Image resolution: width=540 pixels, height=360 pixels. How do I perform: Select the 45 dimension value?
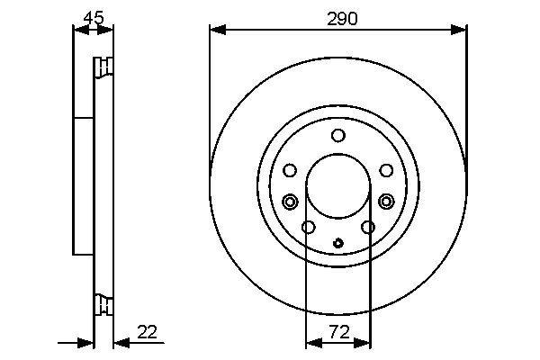[92, 17]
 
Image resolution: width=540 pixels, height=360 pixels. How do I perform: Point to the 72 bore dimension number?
[337, 331]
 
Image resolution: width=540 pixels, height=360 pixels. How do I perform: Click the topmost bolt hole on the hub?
[337, 136]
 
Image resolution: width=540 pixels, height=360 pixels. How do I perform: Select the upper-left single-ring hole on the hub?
[290, 170]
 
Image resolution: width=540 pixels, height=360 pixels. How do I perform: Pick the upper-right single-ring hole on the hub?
[385, 170]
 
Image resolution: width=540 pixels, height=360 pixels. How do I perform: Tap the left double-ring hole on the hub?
[290, 201]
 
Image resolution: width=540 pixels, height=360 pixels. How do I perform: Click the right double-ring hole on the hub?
[386, 201]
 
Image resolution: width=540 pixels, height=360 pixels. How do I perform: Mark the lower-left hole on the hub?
[307, 227]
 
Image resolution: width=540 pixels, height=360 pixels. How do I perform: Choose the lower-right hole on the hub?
[368, 227]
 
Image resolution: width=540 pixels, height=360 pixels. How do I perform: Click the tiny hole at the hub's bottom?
[337, 242]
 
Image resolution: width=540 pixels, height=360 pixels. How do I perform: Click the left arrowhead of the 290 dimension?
[215, 30]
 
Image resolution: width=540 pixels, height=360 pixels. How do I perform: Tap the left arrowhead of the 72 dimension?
[311, 343]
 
